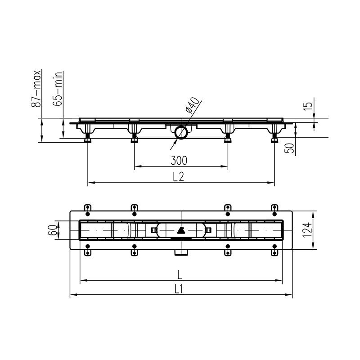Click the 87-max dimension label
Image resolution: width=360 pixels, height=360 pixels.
tap(36, 89)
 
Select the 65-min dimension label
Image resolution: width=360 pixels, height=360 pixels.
tap(58, 89)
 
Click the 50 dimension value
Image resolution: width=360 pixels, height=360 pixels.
tap(289, 148)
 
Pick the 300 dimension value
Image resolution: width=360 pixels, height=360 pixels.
tap(179, 161)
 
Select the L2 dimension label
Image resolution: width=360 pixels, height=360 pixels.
tap(178, 177)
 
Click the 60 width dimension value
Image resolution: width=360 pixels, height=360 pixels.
tap(52, 230)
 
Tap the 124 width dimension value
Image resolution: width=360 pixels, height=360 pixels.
tap(307, 230)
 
